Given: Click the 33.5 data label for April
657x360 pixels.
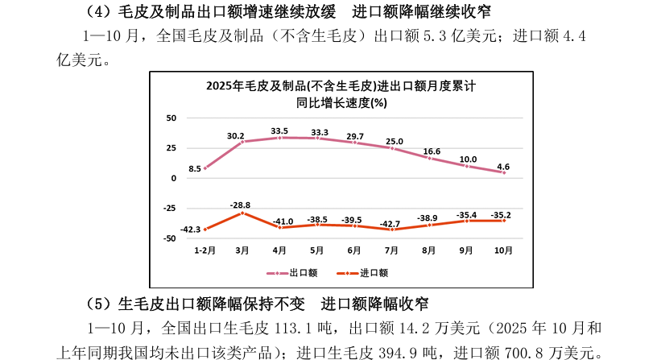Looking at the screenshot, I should coord(279,130).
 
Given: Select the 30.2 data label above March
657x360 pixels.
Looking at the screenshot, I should coord(236,135).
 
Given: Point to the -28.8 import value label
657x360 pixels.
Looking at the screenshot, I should coord(241,205).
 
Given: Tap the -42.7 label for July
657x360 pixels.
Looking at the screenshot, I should coord(390,222).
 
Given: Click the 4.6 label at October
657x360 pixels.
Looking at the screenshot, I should coord(503,167).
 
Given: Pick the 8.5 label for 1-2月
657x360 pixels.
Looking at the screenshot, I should coord(195,168).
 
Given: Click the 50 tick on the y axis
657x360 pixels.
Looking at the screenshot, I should coord(171,118).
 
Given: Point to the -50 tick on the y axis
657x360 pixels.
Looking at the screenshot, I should coord(169,238).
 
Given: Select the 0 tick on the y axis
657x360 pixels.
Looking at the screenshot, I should coord(173,178).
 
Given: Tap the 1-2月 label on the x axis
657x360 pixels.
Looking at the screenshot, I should coord(205,250).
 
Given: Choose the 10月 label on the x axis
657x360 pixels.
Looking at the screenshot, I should coord(503,250).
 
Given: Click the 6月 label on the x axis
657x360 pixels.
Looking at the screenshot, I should coord(353,250).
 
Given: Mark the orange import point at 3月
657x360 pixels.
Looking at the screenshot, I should coord(242,213).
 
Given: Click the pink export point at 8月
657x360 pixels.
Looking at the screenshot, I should coord(428,158).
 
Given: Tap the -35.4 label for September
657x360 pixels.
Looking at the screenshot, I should coord(466,214).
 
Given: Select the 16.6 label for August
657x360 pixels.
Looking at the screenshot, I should coord(432,151).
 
